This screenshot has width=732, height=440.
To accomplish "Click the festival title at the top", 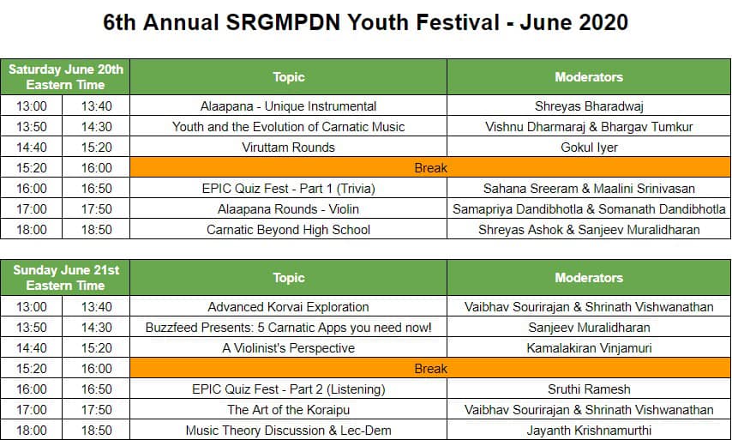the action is pyautogui.click(x=365, y=22).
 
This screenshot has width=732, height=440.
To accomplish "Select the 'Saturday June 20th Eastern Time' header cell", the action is pyautogui.click(x=65, y=76).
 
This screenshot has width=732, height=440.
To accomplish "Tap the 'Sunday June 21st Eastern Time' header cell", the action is pyautogui.click(x=65, y=277).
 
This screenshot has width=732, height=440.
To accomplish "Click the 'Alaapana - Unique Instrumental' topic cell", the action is pyautogui.click(x=289, y=106).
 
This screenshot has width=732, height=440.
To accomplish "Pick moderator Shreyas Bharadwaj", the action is pyautogui.click(x=589, y=106).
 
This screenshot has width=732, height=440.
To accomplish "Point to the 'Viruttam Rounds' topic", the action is pyautogui.click(x=289, y=148).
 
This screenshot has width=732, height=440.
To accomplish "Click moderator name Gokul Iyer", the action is pyautogui.click(x=589, y=148).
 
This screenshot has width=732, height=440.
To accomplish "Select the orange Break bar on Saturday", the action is pyautogui.click(x=430, y=168).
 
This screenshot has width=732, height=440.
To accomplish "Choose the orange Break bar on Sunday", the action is pyautogui.click(x=430, y=369).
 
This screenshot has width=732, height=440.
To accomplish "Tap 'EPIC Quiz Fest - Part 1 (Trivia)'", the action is pyautogui.click(x=289, y=188).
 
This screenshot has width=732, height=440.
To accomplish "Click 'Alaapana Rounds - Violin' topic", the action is pyautogui.click(x=289, y=208).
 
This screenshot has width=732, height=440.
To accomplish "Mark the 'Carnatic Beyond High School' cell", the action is pyautogui.click(x=289, y=229).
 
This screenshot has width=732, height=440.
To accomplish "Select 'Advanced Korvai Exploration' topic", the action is pyautogui.click(x=289, y=307).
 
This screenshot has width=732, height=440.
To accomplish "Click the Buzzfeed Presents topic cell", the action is pyautogui.click(x=289, y=328).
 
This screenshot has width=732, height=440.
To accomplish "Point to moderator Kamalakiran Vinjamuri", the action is pyautogui.click(x=589, y=348).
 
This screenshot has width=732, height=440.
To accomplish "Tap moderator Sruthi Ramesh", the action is pyautogui.click(x=589, y=389).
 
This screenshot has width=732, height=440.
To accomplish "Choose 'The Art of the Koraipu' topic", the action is pyautogui.click(x=289, y=410).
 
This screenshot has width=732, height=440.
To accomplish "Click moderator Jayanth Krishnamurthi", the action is pyautogui.click(x=589, y=431).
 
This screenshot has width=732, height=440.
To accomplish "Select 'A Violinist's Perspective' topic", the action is pyautogui.click(x=289, y=348).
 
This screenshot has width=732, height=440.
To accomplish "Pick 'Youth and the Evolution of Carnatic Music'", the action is pyautogui.click(x=289, y=127).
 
